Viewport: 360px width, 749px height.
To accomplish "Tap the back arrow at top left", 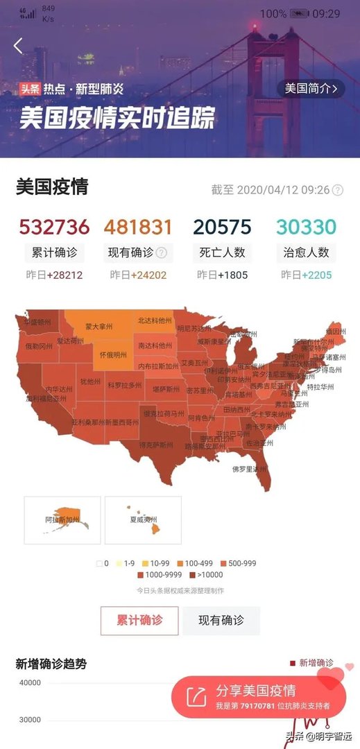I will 18,46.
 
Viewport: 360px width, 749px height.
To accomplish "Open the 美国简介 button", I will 311,88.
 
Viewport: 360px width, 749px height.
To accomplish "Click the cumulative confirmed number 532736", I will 54,227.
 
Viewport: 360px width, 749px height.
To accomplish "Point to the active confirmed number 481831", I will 138,227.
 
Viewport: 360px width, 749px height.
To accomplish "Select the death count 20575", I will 222,227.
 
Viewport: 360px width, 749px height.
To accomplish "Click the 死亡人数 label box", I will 222,252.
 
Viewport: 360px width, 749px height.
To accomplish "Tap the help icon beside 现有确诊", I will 162,252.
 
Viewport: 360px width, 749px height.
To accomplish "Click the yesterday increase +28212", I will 65,275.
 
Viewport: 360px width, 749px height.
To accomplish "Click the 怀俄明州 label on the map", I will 113,355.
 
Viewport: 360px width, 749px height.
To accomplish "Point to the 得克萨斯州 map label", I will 156,444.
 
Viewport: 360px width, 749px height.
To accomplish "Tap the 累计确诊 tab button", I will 139,621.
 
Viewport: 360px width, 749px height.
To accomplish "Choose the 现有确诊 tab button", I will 221,621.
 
